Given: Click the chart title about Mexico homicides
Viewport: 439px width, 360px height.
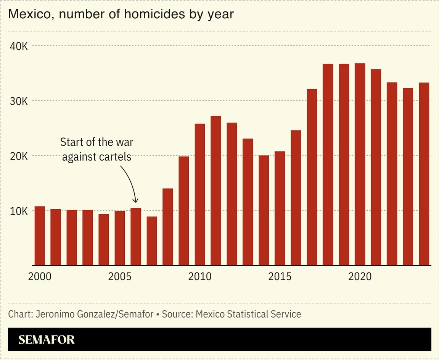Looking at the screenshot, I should (x=121, y=14).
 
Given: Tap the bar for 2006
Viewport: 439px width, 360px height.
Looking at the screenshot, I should (x=136, y=236).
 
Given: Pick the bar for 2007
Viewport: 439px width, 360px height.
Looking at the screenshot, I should (x=152, y=241).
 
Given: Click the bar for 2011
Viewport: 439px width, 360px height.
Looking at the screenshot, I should (x=216, y=190).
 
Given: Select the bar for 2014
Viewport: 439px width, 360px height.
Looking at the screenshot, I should (x=264, y=210).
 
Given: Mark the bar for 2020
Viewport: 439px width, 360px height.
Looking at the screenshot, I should (x=360, y=164).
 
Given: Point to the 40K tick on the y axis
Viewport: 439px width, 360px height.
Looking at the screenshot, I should (x=19, y=46).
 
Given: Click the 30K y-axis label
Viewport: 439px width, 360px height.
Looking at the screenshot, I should (x=19, y=101).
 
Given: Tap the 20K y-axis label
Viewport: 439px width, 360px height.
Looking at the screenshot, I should (x=19, y=156).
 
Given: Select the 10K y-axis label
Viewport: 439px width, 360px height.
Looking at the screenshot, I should (x=19, y=211).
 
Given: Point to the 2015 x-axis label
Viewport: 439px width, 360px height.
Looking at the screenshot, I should (x=280, y=276).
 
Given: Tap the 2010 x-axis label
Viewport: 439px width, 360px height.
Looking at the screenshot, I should (x=200, y=276).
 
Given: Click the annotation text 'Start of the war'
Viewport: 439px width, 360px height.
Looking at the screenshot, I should (x=97, y=142).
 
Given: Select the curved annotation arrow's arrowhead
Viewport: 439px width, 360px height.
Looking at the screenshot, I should (x=135, y=200).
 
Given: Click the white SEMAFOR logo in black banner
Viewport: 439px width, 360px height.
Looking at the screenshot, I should (x=47, y=340).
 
